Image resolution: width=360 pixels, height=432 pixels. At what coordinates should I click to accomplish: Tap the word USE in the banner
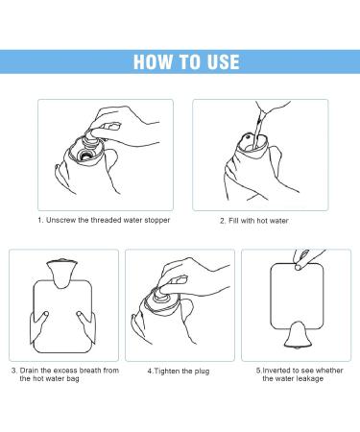click(x=223, y=61)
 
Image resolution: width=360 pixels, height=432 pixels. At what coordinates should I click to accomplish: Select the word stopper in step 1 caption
click(x=157, y=221)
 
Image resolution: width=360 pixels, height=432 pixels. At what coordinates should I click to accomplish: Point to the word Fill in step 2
click(x=233, y=221)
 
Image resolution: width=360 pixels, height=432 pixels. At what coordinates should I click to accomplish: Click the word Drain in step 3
click(x=29, y=371)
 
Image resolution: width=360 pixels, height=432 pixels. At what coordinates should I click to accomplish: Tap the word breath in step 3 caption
click(x=90, y=371)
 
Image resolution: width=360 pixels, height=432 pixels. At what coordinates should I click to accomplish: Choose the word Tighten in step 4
click(x=167, y=372)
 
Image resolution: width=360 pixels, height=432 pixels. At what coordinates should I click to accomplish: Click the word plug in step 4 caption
click(x=202, y=372)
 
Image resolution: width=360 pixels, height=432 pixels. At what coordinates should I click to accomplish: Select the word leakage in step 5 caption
click(x=309, y=379)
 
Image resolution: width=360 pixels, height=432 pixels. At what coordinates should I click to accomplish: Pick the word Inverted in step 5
click(x=277, y=371)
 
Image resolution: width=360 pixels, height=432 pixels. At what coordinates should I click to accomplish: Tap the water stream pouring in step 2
click(x=258, y=128)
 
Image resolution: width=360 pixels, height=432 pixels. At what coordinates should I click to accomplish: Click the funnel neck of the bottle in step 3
click(x=61, y=274)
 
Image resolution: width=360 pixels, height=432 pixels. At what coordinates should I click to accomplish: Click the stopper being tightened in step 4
click(x=162, y=295)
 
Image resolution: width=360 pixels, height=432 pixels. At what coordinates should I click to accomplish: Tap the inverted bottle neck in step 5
click(x=298, y=335)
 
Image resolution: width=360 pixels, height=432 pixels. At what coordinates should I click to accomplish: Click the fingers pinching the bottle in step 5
click(x=301, y=260)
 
